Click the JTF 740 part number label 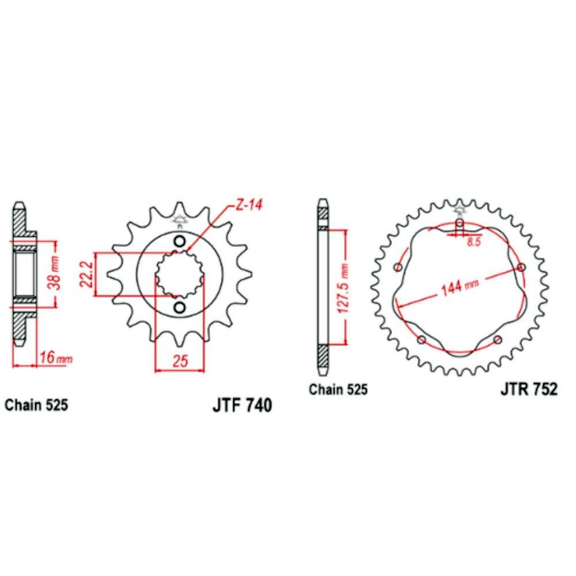click(x=242, y=405)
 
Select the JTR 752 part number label click(x=529, y=389)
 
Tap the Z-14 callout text click(x=249, y=204)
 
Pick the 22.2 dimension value click(x=86, y=273)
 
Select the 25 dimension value click(x=180, y=361)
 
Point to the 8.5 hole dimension click(x=474, y=242)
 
